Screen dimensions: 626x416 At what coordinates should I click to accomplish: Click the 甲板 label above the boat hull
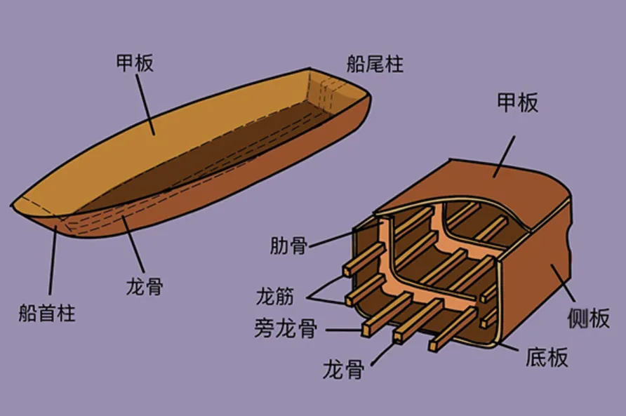click(135, 63)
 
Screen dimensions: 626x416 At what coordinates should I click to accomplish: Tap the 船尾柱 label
click(375, 64)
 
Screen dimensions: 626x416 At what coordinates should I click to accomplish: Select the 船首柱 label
click(47, 313)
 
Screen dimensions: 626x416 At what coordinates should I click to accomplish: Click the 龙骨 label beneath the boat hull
click(145, 286)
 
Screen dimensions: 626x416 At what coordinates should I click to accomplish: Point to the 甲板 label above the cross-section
click(517, 102)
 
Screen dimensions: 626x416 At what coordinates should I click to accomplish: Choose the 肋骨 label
click(288, 245)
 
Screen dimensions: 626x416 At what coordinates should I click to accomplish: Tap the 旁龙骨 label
click(286, 328)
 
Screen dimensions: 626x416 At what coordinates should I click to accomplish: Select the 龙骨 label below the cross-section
click(343, 369)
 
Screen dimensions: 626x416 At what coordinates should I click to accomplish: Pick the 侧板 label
click(589, 318)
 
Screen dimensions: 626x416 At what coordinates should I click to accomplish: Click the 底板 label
click(547, 356)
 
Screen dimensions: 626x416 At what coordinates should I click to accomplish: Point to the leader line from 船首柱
click(53, 260)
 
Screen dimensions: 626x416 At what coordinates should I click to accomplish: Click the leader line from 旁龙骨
click(344, 330)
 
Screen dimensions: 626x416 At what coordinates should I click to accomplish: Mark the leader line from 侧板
click(564, 283)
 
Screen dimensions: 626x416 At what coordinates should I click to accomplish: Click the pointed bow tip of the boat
click(11, 206)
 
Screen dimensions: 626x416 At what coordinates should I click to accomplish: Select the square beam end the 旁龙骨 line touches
click(369, 328)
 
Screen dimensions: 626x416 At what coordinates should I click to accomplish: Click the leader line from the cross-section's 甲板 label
click(504, 156)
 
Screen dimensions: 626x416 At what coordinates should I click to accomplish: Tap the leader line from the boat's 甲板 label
click(145, 105)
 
